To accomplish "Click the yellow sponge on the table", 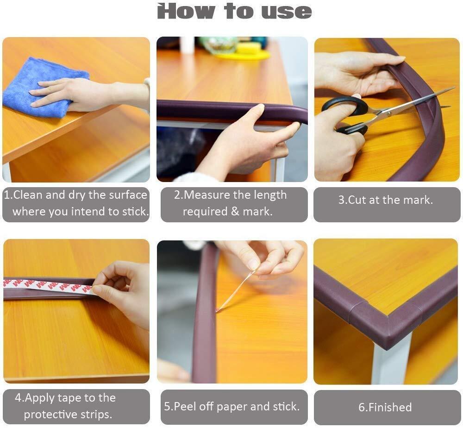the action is pyautogui.click(x=249, y=48).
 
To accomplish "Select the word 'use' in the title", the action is pyautogui.click(x=287, y=12).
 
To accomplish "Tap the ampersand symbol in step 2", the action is pyautogui.click(x=235, y=212).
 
